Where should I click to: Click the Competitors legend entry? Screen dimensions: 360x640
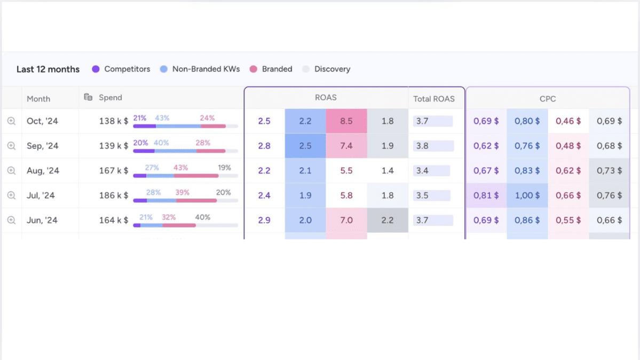tap(121, 69)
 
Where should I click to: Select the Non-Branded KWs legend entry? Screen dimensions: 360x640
tap(200, 69)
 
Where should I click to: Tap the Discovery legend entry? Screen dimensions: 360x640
tap(326, 69)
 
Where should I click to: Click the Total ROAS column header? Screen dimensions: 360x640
tap(434, 99)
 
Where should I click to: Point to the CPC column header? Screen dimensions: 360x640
tap(548, 99)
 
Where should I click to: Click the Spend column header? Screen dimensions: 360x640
tap(110, 98)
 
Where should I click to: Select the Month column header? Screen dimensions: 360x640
tap(38, 99)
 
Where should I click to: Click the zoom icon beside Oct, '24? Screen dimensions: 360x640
tap(11, 121)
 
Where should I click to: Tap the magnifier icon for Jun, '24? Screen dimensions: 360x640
tap(11, 220)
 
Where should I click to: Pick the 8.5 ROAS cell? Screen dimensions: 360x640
tap(346, 121)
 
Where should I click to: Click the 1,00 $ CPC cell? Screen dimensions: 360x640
tap(527, 195)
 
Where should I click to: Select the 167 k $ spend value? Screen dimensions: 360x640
tap(114, 171)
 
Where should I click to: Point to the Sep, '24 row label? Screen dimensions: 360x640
tap(43, 146)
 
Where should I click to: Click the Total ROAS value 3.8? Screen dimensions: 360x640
tap(422, 146)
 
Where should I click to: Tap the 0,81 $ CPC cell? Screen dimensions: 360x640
tap(486, 195)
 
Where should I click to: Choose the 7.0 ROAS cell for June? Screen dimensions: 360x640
tap(346, 220)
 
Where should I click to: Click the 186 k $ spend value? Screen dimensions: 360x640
tap(114, 195)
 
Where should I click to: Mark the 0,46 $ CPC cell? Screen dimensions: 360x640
tap(568, 121)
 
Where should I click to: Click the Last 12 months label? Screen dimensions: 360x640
tap(48, 69)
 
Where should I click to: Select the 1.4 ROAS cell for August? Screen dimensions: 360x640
tap(388, 171)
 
